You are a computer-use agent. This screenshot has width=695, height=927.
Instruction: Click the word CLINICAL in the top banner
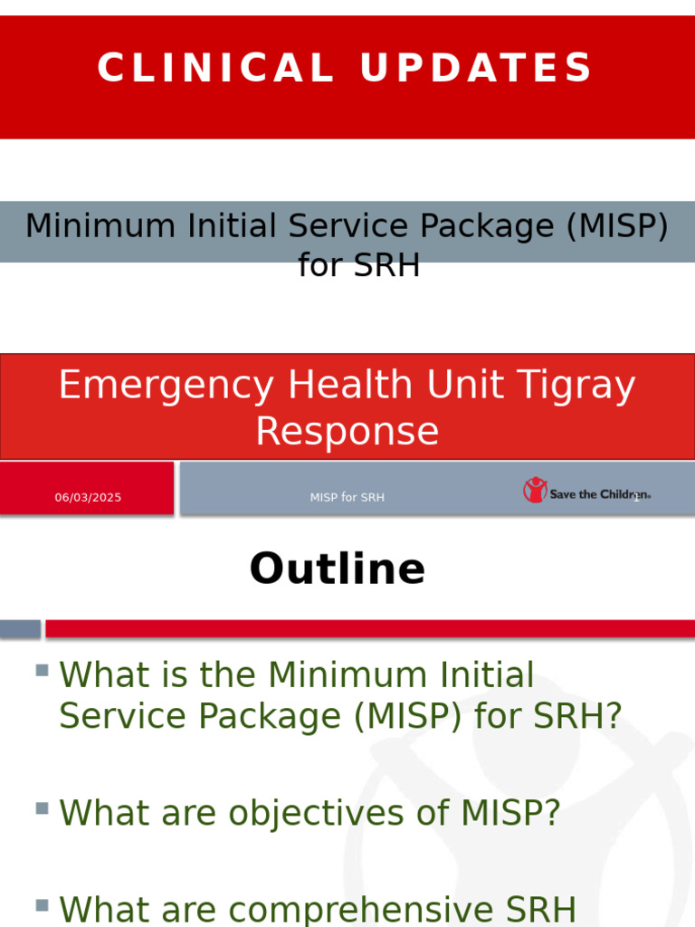click(215, 69)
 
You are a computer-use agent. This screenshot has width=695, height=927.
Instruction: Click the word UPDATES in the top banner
click(476, 69)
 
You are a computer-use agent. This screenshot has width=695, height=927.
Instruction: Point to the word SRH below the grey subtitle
click(386, 265)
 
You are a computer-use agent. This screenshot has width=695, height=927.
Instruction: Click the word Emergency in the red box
click(165, 386)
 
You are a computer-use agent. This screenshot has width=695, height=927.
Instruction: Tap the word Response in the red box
click(347, 432)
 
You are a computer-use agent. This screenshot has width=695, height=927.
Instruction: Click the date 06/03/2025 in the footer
click(88, 497)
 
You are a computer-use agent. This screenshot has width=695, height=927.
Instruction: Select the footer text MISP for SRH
click(347, 497)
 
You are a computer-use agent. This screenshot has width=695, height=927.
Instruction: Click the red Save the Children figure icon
click(535, 490)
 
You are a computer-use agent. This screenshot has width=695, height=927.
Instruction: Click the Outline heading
click(337, 569)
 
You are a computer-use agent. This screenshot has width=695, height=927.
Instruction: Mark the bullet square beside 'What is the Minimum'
click(42, 671)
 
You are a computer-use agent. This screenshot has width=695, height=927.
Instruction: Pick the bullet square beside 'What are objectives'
click(42, 808)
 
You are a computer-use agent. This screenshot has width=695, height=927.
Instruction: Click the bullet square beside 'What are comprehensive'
click(42, 904)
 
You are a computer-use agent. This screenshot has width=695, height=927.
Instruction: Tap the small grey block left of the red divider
click(20, 628)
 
